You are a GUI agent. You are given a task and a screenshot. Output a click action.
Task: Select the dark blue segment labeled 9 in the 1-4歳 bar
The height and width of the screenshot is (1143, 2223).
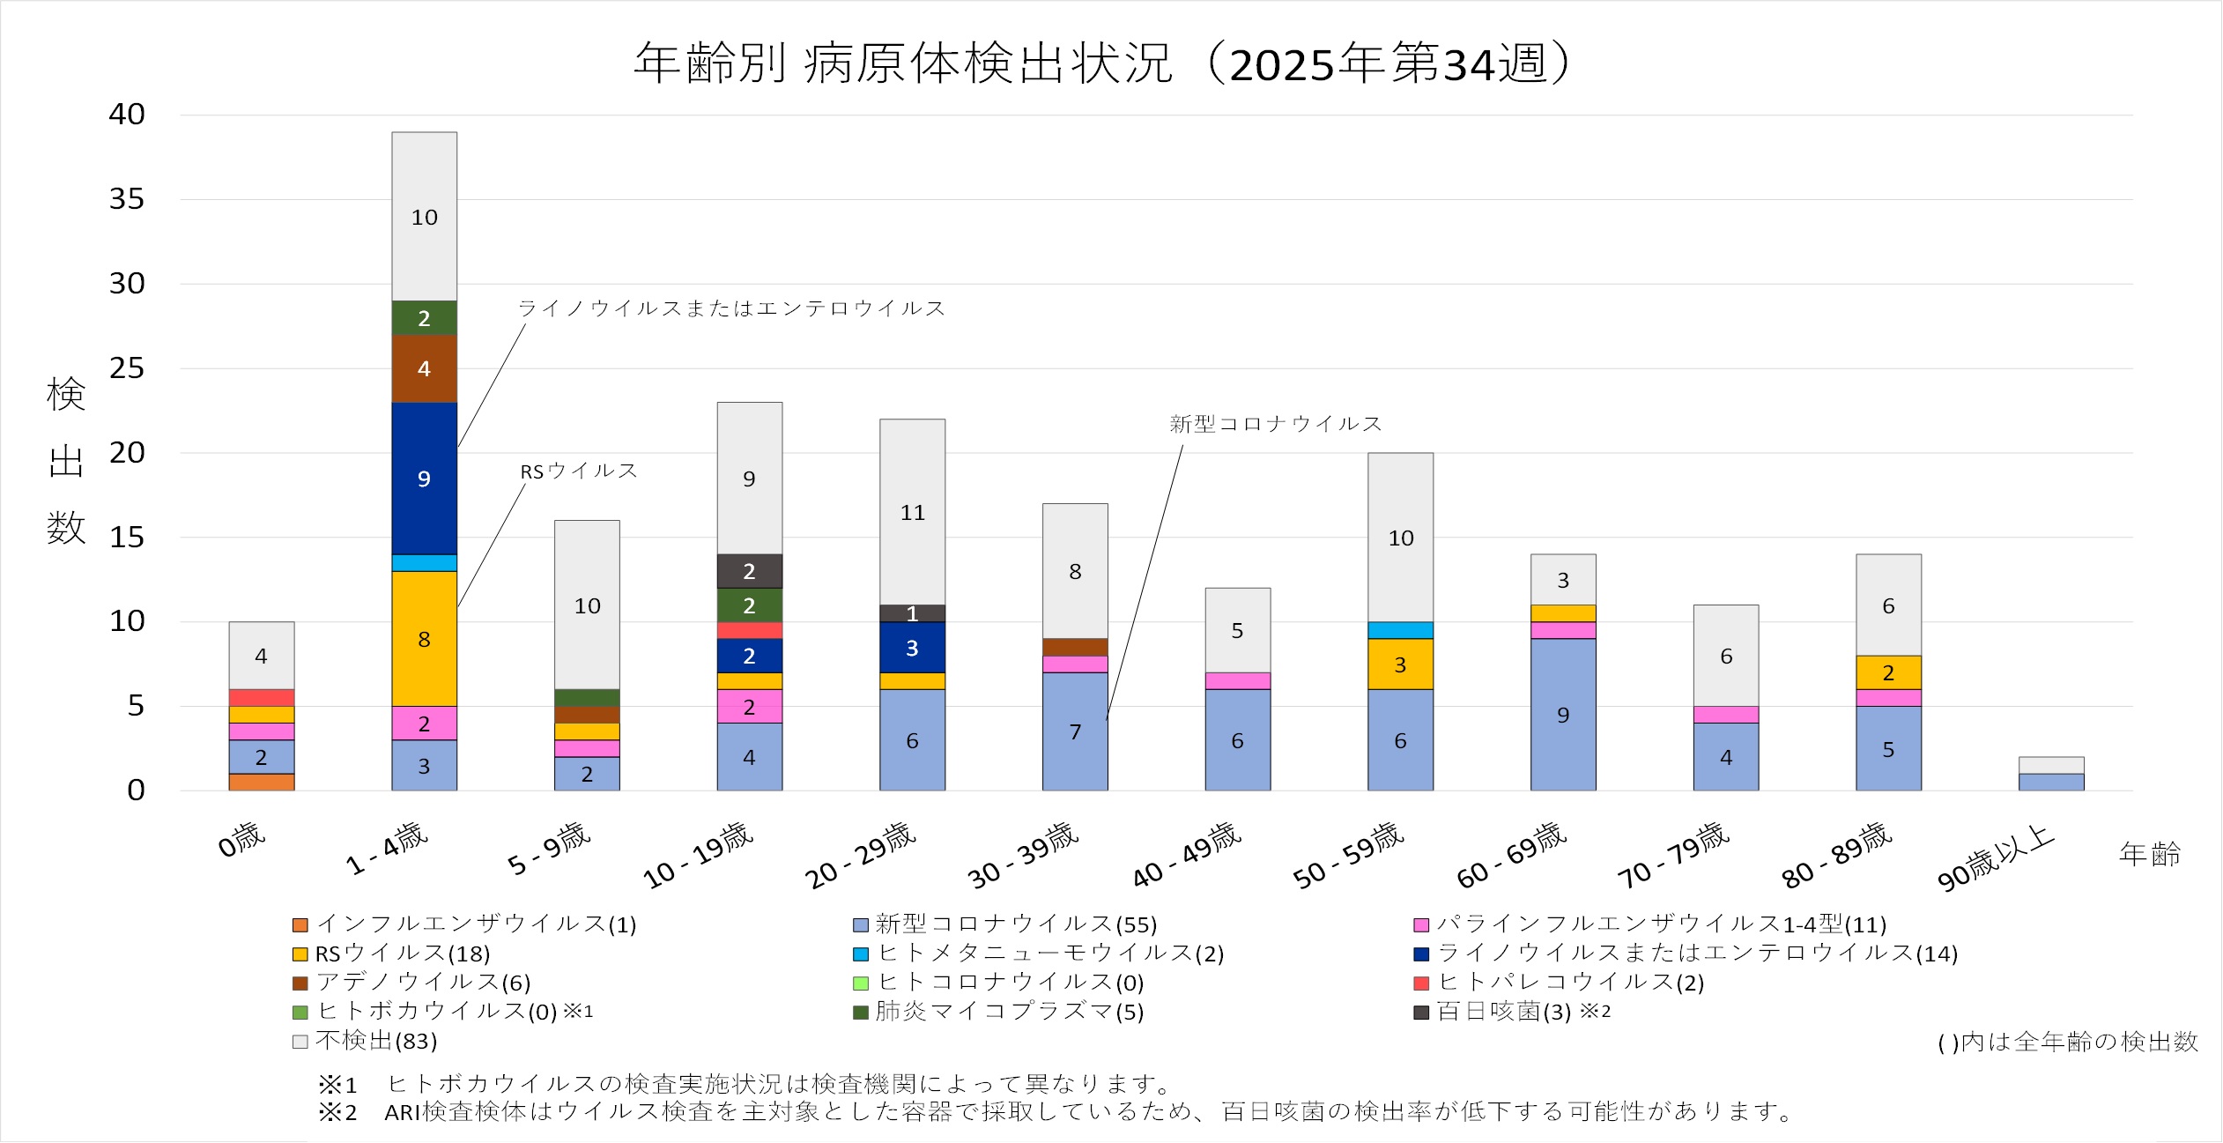424,479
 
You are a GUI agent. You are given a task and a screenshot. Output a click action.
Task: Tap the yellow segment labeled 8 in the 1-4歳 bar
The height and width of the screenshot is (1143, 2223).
424,639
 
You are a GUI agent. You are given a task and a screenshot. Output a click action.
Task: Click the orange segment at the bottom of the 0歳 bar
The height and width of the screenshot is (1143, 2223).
262,782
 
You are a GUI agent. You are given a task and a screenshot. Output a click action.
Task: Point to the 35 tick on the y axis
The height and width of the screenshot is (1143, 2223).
127,199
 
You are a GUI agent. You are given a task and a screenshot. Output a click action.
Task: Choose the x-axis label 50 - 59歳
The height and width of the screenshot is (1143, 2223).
1348,855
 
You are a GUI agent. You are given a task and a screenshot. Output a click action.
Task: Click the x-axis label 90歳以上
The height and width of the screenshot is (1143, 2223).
1996,857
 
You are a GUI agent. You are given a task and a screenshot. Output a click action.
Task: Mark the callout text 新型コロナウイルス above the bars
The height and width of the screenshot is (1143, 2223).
1275,424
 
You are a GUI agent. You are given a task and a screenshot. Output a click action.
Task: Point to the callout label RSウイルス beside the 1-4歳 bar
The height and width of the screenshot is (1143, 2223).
578,471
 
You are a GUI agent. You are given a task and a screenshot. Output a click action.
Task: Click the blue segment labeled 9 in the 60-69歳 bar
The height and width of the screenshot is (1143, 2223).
1563,715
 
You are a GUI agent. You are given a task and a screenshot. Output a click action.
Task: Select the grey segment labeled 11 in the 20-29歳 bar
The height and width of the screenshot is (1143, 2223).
912,512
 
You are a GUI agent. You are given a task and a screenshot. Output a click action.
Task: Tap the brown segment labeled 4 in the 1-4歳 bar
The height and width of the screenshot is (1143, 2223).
424,368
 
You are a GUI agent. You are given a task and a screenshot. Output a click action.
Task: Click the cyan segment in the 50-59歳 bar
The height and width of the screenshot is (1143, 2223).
1400,630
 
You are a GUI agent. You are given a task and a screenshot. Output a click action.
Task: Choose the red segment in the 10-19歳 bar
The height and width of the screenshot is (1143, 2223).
749,630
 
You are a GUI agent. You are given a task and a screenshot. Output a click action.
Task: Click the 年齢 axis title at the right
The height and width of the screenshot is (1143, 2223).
2149,853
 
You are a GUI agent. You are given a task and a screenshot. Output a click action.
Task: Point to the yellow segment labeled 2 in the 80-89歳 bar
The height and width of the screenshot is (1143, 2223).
1888,672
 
